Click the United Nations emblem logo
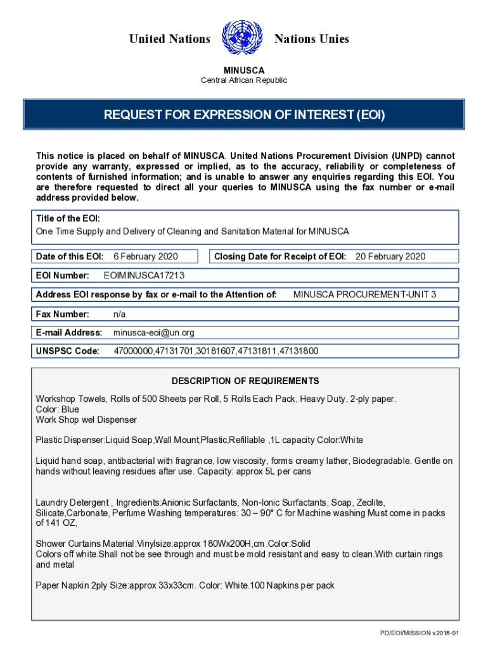(243, 39)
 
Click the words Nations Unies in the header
(311, 39)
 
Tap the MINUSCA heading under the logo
(244, 70)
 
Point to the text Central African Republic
(244, 80)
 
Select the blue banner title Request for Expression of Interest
(244, 115)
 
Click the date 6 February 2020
(146, 256)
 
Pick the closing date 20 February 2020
(390, 256)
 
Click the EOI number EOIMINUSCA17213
(144, 275)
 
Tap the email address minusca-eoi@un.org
(154, 332)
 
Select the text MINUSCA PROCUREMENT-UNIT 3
(364, 294)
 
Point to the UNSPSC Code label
(68, 351)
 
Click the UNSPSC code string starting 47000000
(215, 351)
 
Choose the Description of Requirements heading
(245, 381)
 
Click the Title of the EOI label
(68, 218)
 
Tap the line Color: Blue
(58, 409)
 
